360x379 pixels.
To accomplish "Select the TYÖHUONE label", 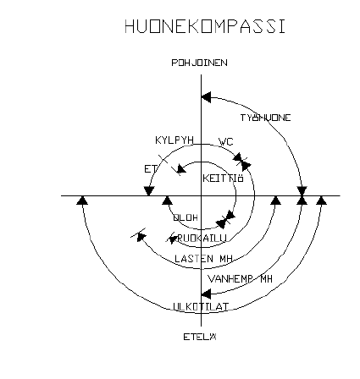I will (x=265, y=118).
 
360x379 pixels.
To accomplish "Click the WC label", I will (x=225, y=143).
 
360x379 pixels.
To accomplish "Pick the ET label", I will (x=150, y=168).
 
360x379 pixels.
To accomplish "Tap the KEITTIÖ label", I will (x=224, y=179).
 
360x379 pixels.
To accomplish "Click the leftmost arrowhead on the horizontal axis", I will (x=81, y=200).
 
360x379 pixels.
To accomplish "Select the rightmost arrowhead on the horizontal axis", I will (x=320, y=200).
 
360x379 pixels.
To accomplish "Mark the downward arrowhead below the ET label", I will (x=150, y=190).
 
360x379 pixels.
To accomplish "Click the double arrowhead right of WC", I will (x=242, y=160).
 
